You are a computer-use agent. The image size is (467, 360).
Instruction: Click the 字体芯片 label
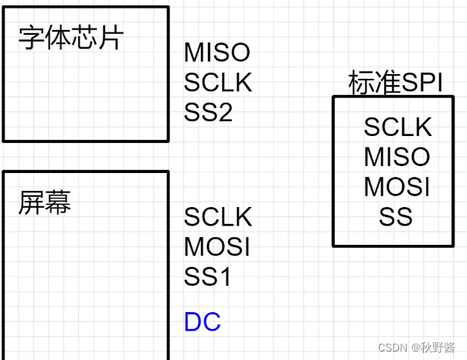(70, 38)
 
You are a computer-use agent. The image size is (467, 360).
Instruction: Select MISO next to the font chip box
(217, 53)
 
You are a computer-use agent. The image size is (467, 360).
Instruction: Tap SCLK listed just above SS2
(218, 82)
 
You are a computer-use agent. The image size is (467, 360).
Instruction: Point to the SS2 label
(208, 112)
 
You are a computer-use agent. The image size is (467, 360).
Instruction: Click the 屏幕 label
(45, 202)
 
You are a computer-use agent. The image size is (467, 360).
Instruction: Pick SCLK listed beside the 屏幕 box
(218, 217)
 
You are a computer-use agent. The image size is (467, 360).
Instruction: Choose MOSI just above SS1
(217, 246)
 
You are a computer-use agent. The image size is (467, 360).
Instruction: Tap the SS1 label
(207, 276)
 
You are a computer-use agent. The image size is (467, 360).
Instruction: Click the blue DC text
(203, 322)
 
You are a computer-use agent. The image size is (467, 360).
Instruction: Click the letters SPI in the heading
(422, 83)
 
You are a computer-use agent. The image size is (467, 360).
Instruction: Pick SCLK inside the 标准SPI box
(397, 127)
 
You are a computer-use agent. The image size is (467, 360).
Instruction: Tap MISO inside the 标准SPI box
(397, 157)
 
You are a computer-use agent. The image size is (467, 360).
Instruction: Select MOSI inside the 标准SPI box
(397, 187)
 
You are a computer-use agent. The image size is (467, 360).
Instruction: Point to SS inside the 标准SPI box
(396, 217)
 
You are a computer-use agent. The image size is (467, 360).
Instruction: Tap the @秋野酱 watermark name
(433, 348)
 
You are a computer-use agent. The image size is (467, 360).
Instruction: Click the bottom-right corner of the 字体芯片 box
(168, 141)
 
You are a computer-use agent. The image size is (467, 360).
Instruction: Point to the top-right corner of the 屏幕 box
(168, 172)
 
